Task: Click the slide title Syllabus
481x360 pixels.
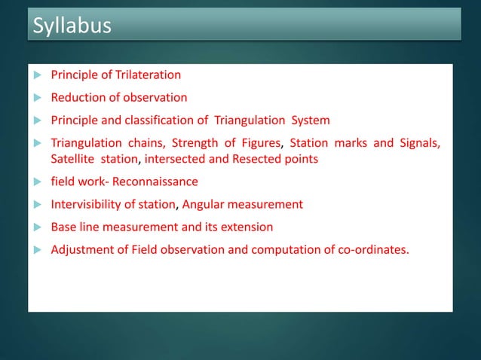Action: click(72, 26)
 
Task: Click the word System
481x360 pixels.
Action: click(310, 120)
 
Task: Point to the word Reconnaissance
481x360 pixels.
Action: click(155, 182)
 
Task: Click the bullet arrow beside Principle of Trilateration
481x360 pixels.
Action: click(38, 75)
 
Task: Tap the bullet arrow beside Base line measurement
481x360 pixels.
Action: click(38, 227)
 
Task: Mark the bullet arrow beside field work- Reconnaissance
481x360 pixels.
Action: click(38, 182)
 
